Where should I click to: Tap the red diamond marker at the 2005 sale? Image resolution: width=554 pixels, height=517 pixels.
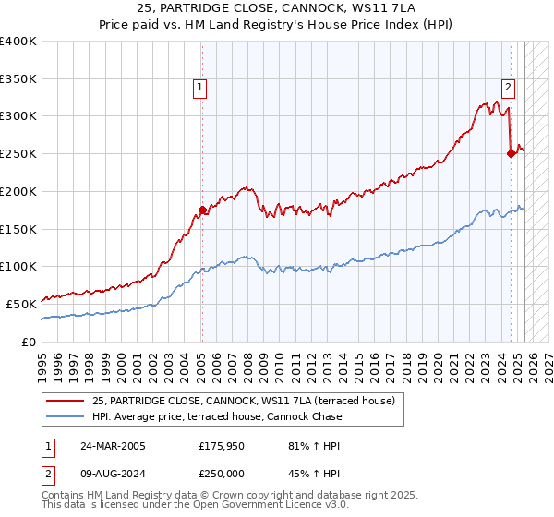pos(202,210)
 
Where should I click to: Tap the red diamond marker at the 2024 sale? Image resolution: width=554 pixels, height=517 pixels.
pos(511,154)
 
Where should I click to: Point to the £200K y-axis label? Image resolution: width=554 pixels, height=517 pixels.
pos(19,191)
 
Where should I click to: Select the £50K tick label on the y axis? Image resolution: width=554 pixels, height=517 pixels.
pos(23,303)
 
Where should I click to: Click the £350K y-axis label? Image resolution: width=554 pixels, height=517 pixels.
pos(19,79)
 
